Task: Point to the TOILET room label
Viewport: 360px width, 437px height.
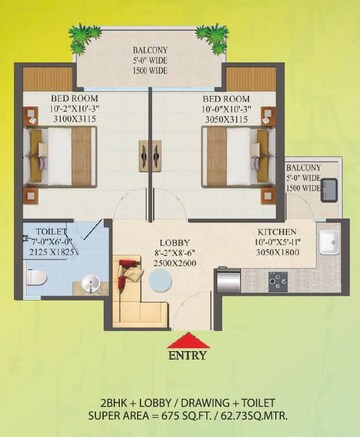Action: [x=42, y=229]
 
